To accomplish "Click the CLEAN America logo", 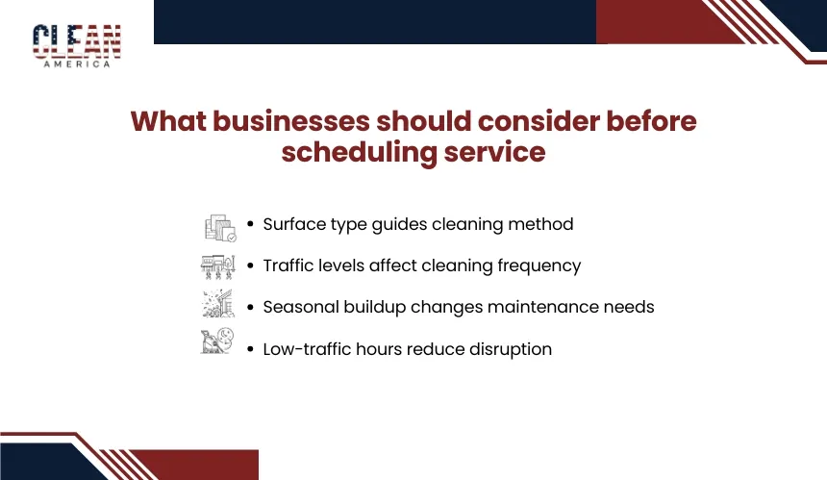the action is [x=77, y=46].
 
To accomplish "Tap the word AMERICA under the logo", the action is [x=77, y=64].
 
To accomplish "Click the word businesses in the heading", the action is [x=290, y=121].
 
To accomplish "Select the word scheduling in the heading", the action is [x=360, y=152].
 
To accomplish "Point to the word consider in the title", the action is [x=539, y=121].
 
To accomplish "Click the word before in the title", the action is [x=651, y=121].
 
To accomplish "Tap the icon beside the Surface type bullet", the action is [x=220, y=227].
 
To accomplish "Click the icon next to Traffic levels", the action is [x=218, y=266].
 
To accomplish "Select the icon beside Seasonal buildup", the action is [x=218, y=304].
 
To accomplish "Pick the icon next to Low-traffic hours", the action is [x=217, y=341].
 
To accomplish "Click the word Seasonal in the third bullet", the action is [x=301, y=307].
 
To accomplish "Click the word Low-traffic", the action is [x=307, y=349].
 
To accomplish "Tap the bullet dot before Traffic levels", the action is [x=250, y=265].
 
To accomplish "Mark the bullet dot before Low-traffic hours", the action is [x=250, y=348].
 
